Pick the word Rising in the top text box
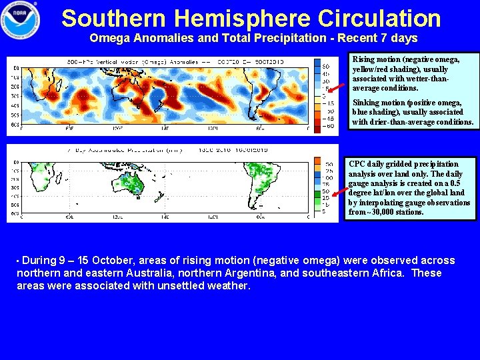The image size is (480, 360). pos(364,60)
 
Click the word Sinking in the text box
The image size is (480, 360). pos(366,103)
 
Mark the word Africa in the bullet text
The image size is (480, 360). pos(390,273)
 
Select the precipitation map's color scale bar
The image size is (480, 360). pos(317,187)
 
